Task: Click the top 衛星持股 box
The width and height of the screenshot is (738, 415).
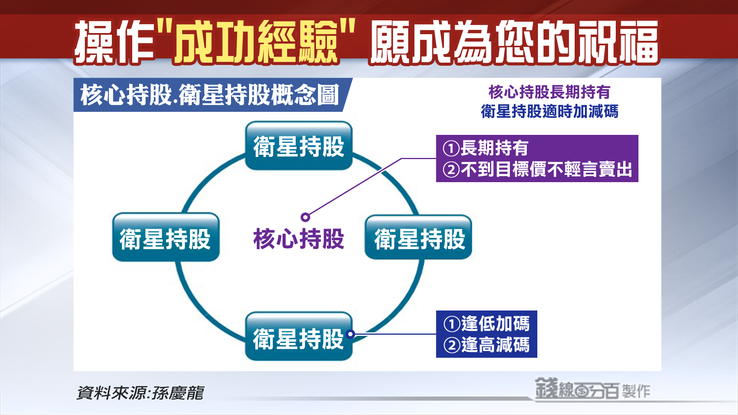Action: coord(299,146)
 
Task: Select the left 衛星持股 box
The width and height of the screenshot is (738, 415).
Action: coord(166,237)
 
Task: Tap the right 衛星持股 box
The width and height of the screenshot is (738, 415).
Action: coord(418,237)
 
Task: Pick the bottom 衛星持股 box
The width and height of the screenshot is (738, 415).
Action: coord(299,336)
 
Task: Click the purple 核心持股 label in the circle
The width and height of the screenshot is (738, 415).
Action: coord(299,239)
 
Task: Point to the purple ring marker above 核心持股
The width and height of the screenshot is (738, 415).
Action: coord(305,217)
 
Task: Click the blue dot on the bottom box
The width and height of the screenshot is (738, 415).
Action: coord(350,334)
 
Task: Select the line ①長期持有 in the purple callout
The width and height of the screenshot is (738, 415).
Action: coord(485,148)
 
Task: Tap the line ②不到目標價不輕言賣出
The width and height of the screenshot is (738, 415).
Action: coord(537,169)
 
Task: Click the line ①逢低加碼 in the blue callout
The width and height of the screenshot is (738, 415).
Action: coord(487,324)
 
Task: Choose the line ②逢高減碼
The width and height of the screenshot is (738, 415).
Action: coord(487,345)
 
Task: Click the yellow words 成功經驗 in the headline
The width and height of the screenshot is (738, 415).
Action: coord(256,41)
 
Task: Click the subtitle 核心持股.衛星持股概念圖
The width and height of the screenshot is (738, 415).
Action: coord(210,95)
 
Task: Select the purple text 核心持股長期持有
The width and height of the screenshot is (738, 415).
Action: coord(550,92)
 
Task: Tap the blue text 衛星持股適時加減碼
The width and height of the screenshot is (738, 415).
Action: coord(550,111)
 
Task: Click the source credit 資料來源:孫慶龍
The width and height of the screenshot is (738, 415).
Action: coord(140,393)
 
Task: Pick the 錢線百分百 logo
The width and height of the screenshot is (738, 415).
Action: coord(577,389)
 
